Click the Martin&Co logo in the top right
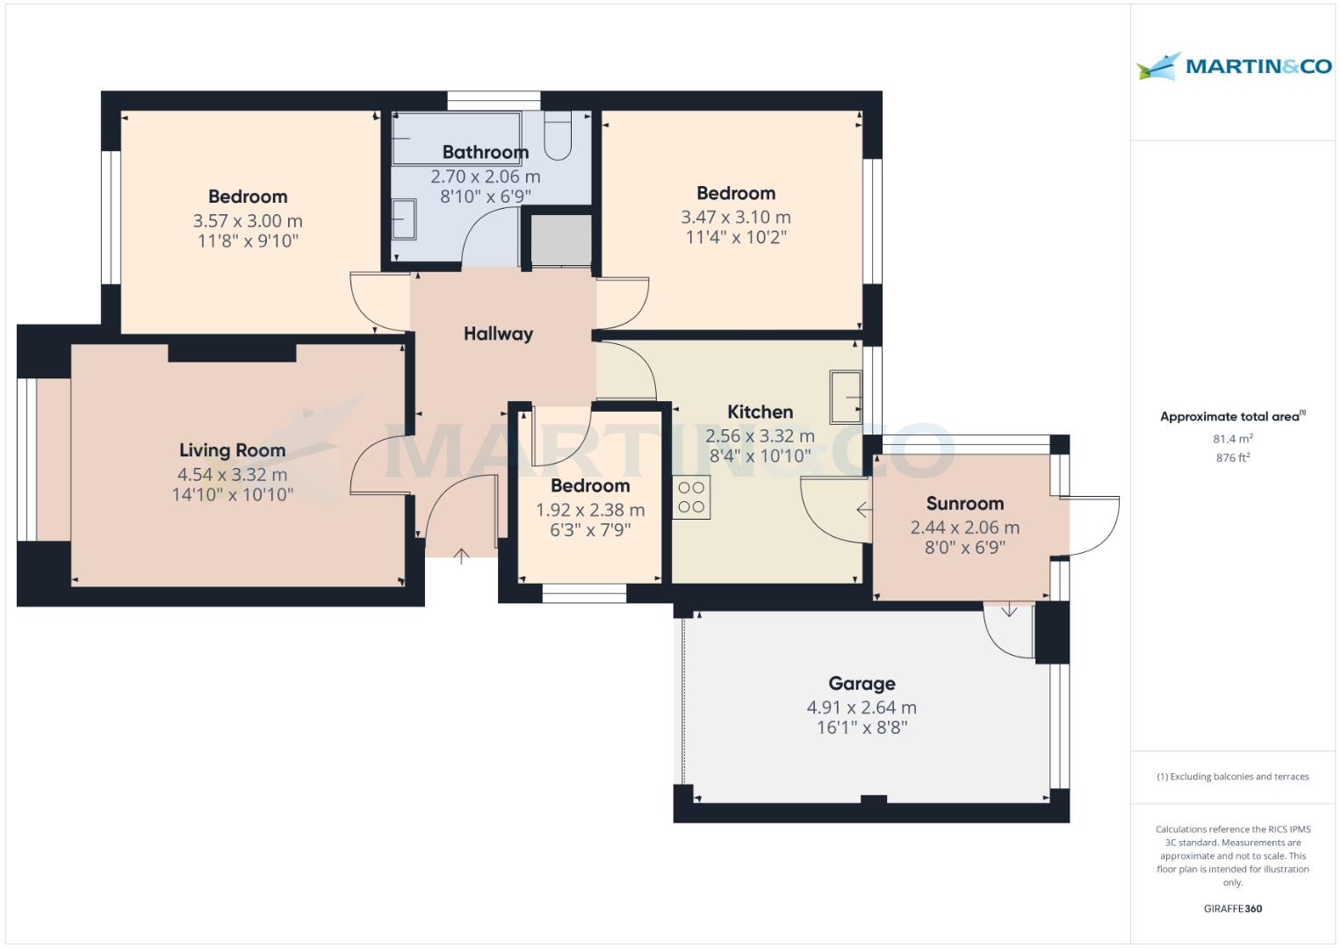click(1233, 66)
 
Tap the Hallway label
click(498, 334)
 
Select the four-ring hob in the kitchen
click(691, 497)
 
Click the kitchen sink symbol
click(846, 397)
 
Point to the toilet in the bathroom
click(559, 136)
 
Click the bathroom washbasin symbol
click(403, 219)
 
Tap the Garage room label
click(862, 683)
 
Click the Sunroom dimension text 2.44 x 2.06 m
click(964, 528)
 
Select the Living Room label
click(232, 450)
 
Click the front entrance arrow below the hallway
click(461, 555)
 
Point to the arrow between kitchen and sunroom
click(863, 509)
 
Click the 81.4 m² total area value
click(1232, 439)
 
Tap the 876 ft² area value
click(1232, 457)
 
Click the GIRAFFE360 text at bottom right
click(1232, 908)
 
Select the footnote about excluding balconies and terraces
click(1232, 777)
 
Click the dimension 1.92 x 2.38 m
click(590, 510)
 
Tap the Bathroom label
click(485, 153)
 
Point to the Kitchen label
click(760, 412)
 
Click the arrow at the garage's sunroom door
click(1009, 609)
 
